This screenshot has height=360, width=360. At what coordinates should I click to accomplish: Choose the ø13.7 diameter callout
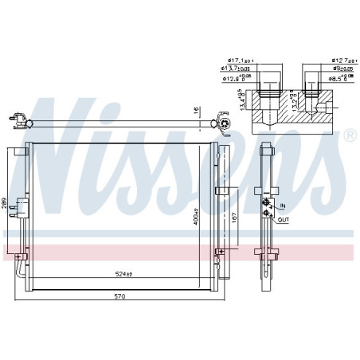[236, 69]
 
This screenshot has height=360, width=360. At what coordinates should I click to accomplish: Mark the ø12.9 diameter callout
[237, 77]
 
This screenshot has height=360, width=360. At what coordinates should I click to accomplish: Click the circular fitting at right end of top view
[225, 123]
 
